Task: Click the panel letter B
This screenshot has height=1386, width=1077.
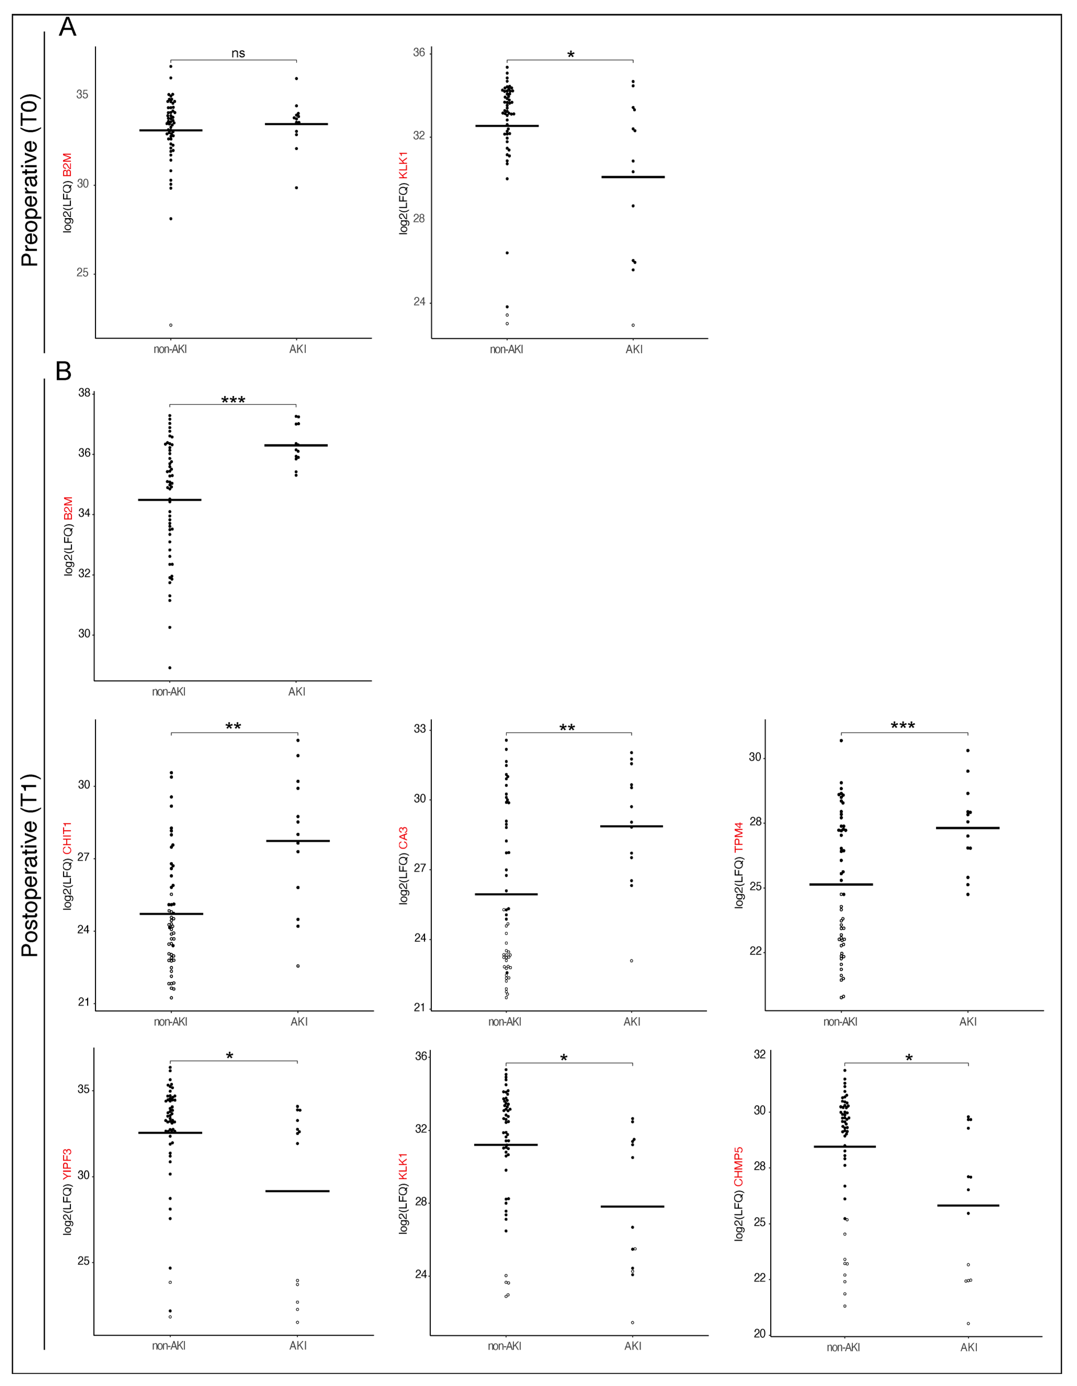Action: point(64,371)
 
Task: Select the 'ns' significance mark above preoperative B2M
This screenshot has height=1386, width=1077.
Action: point(238,53)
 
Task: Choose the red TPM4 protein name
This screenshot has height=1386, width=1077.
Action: point(739,836)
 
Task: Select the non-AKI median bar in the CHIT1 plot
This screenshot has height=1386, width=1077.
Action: point(171,914)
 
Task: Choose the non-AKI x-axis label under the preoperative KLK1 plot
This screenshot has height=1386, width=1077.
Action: point(506,349)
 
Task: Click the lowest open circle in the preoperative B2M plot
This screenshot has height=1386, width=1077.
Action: point(171,325)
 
